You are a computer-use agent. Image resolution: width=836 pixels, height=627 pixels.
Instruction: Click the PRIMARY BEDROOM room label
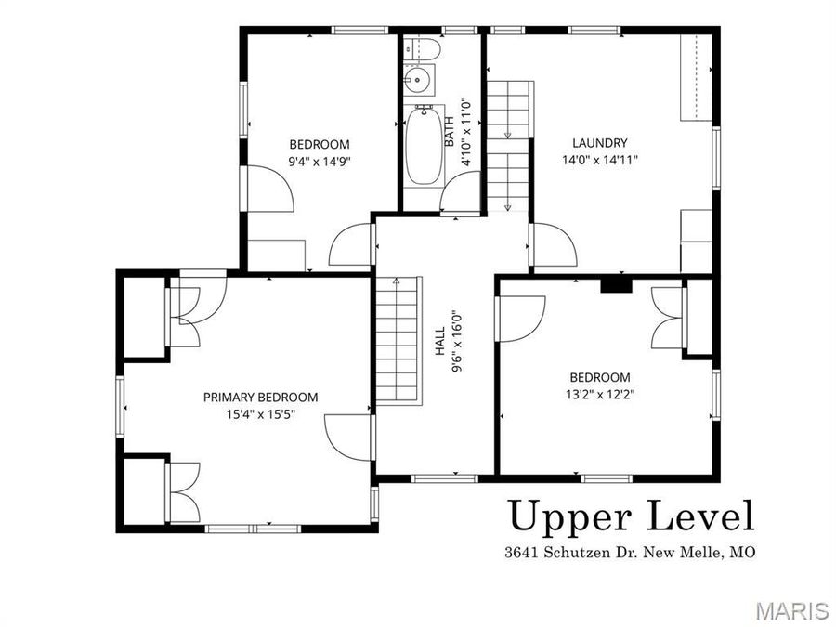tap(260, 397)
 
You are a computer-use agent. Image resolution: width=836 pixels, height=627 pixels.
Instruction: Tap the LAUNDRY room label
tap(599, 143)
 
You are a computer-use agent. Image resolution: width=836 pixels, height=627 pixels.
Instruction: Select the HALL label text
tap(440, 346)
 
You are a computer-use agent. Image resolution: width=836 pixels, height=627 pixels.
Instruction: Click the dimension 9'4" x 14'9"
tap(320, 160)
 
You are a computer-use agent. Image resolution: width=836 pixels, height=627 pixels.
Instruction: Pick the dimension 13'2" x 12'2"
tap(599, 393)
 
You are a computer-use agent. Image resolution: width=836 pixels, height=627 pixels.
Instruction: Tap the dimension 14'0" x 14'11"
tap(599, 159)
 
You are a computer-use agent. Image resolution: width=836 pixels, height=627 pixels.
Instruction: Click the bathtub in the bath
tap(424, 147)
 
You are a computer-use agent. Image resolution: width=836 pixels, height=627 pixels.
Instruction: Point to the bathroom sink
tap(420, 80)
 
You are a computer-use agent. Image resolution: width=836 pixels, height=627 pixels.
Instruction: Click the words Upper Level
tap(630, 516)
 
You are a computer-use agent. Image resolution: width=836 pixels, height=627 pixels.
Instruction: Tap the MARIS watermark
tap(791, 610)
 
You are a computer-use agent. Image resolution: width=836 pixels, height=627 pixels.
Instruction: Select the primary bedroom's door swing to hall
tap(349, 436)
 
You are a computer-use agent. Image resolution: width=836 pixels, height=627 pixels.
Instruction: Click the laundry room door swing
tap(554, 245)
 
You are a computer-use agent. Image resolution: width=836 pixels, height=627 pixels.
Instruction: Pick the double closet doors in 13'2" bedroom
tap(668, 315)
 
